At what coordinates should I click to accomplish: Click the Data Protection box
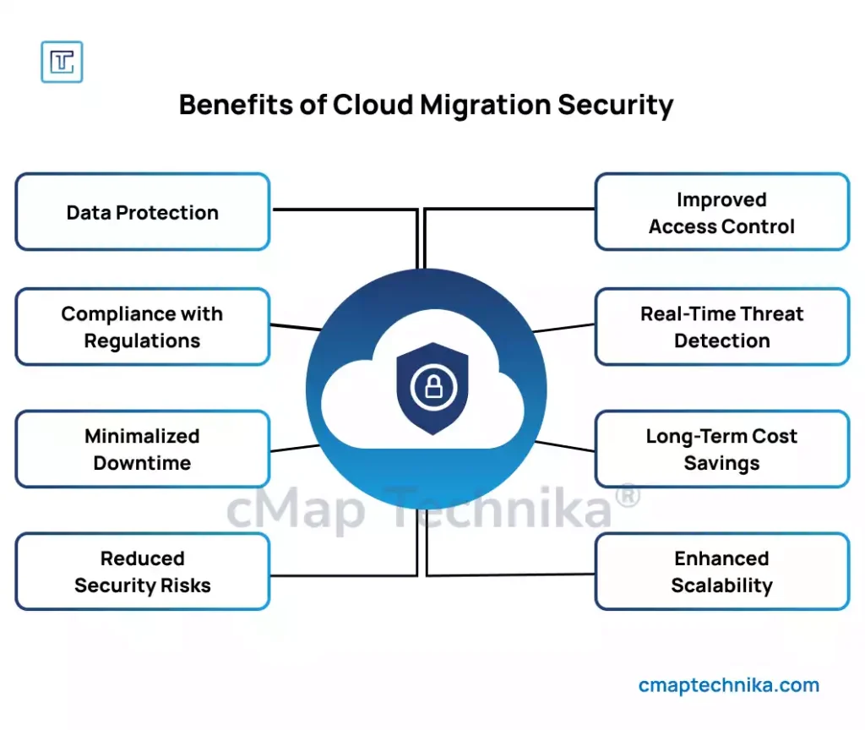pyautogui.click(x=142, y=212)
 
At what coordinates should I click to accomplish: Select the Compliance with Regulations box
pyautogui.click(x=142, y=327)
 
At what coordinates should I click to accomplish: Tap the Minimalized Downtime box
pyautogui.click(x=142, y=449)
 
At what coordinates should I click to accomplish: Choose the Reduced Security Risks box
pyautogui.click(x=142, y=572)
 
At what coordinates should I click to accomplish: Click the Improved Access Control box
pyautogui.click(x=721, y=213)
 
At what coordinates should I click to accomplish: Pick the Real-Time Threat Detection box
pyautogui.click(x=721, y=327)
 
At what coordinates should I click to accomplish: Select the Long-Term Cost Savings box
pyautogui.click(x=721, y=449)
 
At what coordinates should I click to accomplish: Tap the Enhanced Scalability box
pyautogui.click(x=721, y=572)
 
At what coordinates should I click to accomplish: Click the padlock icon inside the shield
pyautogui.click(x=432, y=387)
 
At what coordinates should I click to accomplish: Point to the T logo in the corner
pyautogui.click(x=62, y=62)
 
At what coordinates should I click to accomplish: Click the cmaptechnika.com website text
pyautogui.click(x=729, y=685)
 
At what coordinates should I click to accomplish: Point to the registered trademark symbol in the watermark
pyautogui.click(x=626, y=496)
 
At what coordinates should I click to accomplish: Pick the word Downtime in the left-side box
pyautogui.click(x=142, y=463)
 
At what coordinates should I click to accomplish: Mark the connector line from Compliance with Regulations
pyautogui.click(x=296, y=326)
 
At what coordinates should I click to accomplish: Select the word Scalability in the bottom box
pyautogui.click(x=721, y=586)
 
